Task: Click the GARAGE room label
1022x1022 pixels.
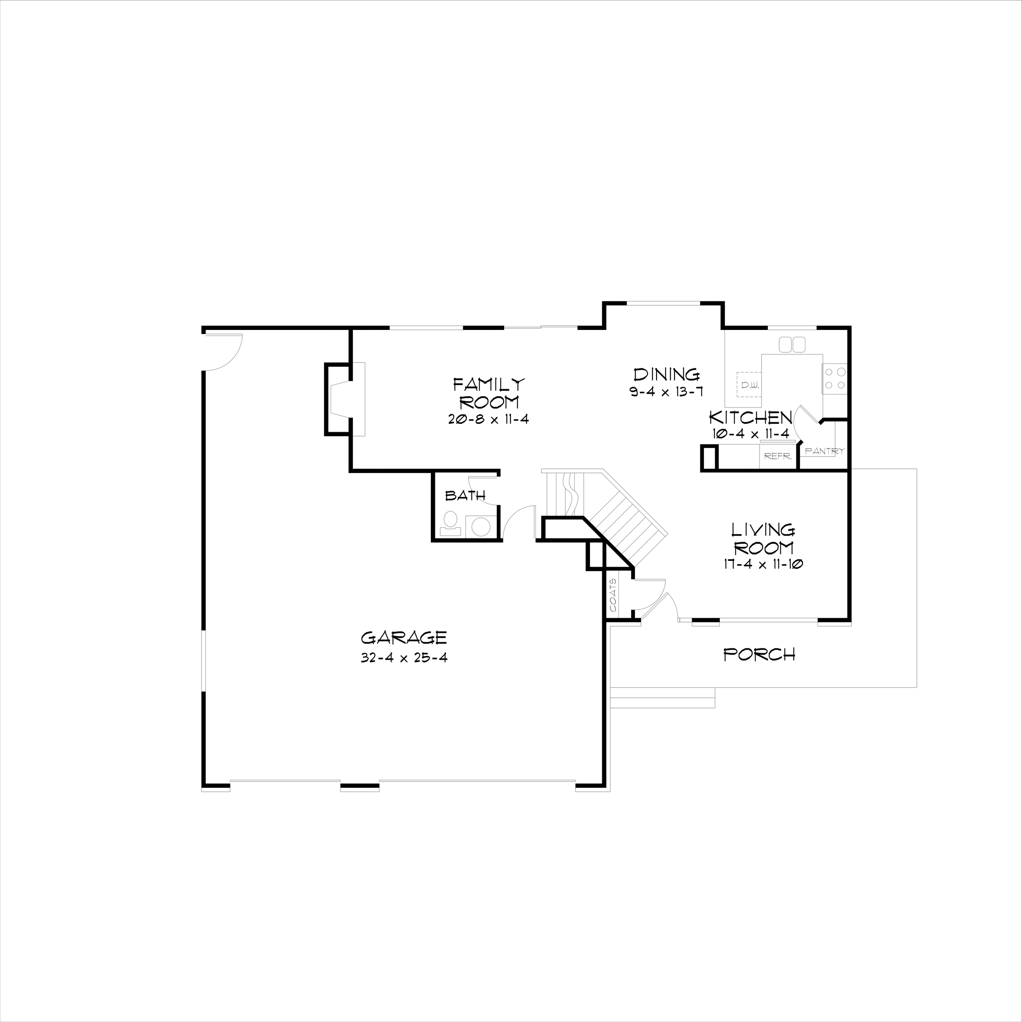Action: point(403,637)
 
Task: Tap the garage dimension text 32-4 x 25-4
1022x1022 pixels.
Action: point(403,658)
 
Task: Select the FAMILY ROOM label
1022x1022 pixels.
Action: point(489,393)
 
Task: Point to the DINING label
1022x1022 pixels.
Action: point(666,374)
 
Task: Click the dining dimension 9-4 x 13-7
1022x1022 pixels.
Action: point(666,392)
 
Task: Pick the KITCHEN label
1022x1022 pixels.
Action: point(751,417)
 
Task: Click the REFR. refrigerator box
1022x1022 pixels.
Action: point(777,456)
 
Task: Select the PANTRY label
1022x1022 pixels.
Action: point(824,451)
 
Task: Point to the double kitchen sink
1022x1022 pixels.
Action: point(792,344)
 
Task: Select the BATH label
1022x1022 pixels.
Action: point(465,495)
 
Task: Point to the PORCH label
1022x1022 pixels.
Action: point(759,655)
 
